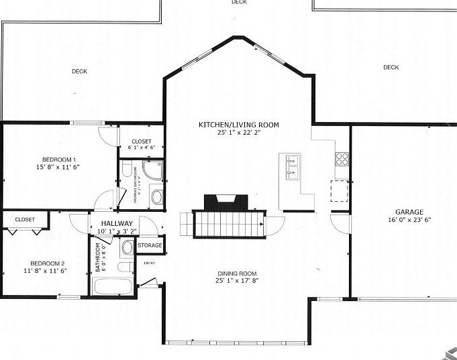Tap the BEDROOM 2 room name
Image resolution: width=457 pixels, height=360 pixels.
tap(47, 263)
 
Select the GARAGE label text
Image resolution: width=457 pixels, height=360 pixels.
tap(409, 212)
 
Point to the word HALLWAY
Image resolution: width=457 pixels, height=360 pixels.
tap(117, 224)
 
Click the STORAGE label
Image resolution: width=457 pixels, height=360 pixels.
tap(150, 245)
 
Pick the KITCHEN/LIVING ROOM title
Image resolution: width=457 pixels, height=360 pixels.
tap(238, 125)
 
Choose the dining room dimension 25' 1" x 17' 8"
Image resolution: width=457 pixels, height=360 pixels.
tap(238, 281)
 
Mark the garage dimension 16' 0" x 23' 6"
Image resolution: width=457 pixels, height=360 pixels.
tap(409, 220)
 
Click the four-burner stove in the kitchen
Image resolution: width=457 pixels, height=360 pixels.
tap(342, 159)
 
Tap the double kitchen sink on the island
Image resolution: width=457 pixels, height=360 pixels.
tap(293, 167)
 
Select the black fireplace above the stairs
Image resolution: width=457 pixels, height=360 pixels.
tap(226, 201)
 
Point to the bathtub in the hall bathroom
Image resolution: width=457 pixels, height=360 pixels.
tap(113, 286)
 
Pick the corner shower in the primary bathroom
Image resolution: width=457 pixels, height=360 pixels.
tap(153, 170)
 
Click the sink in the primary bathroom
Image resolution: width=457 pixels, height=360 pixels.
tap(156, 197)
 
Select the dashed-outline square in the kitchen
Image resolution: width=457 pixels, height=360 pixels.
tap(340, 191)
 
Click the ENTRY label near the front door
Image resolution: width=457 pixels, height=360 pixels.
tap(149, 263)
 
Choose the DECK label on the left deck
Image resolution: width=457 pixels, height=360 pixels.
tap(80, 70)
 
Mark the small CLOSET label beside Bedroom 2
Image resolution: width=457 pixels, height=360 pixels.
tap(25, 219)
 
